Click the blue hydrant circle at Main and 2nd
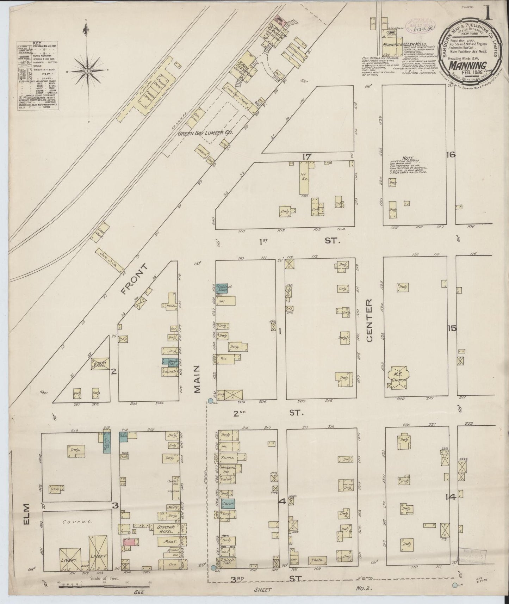tap(211, 401)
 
